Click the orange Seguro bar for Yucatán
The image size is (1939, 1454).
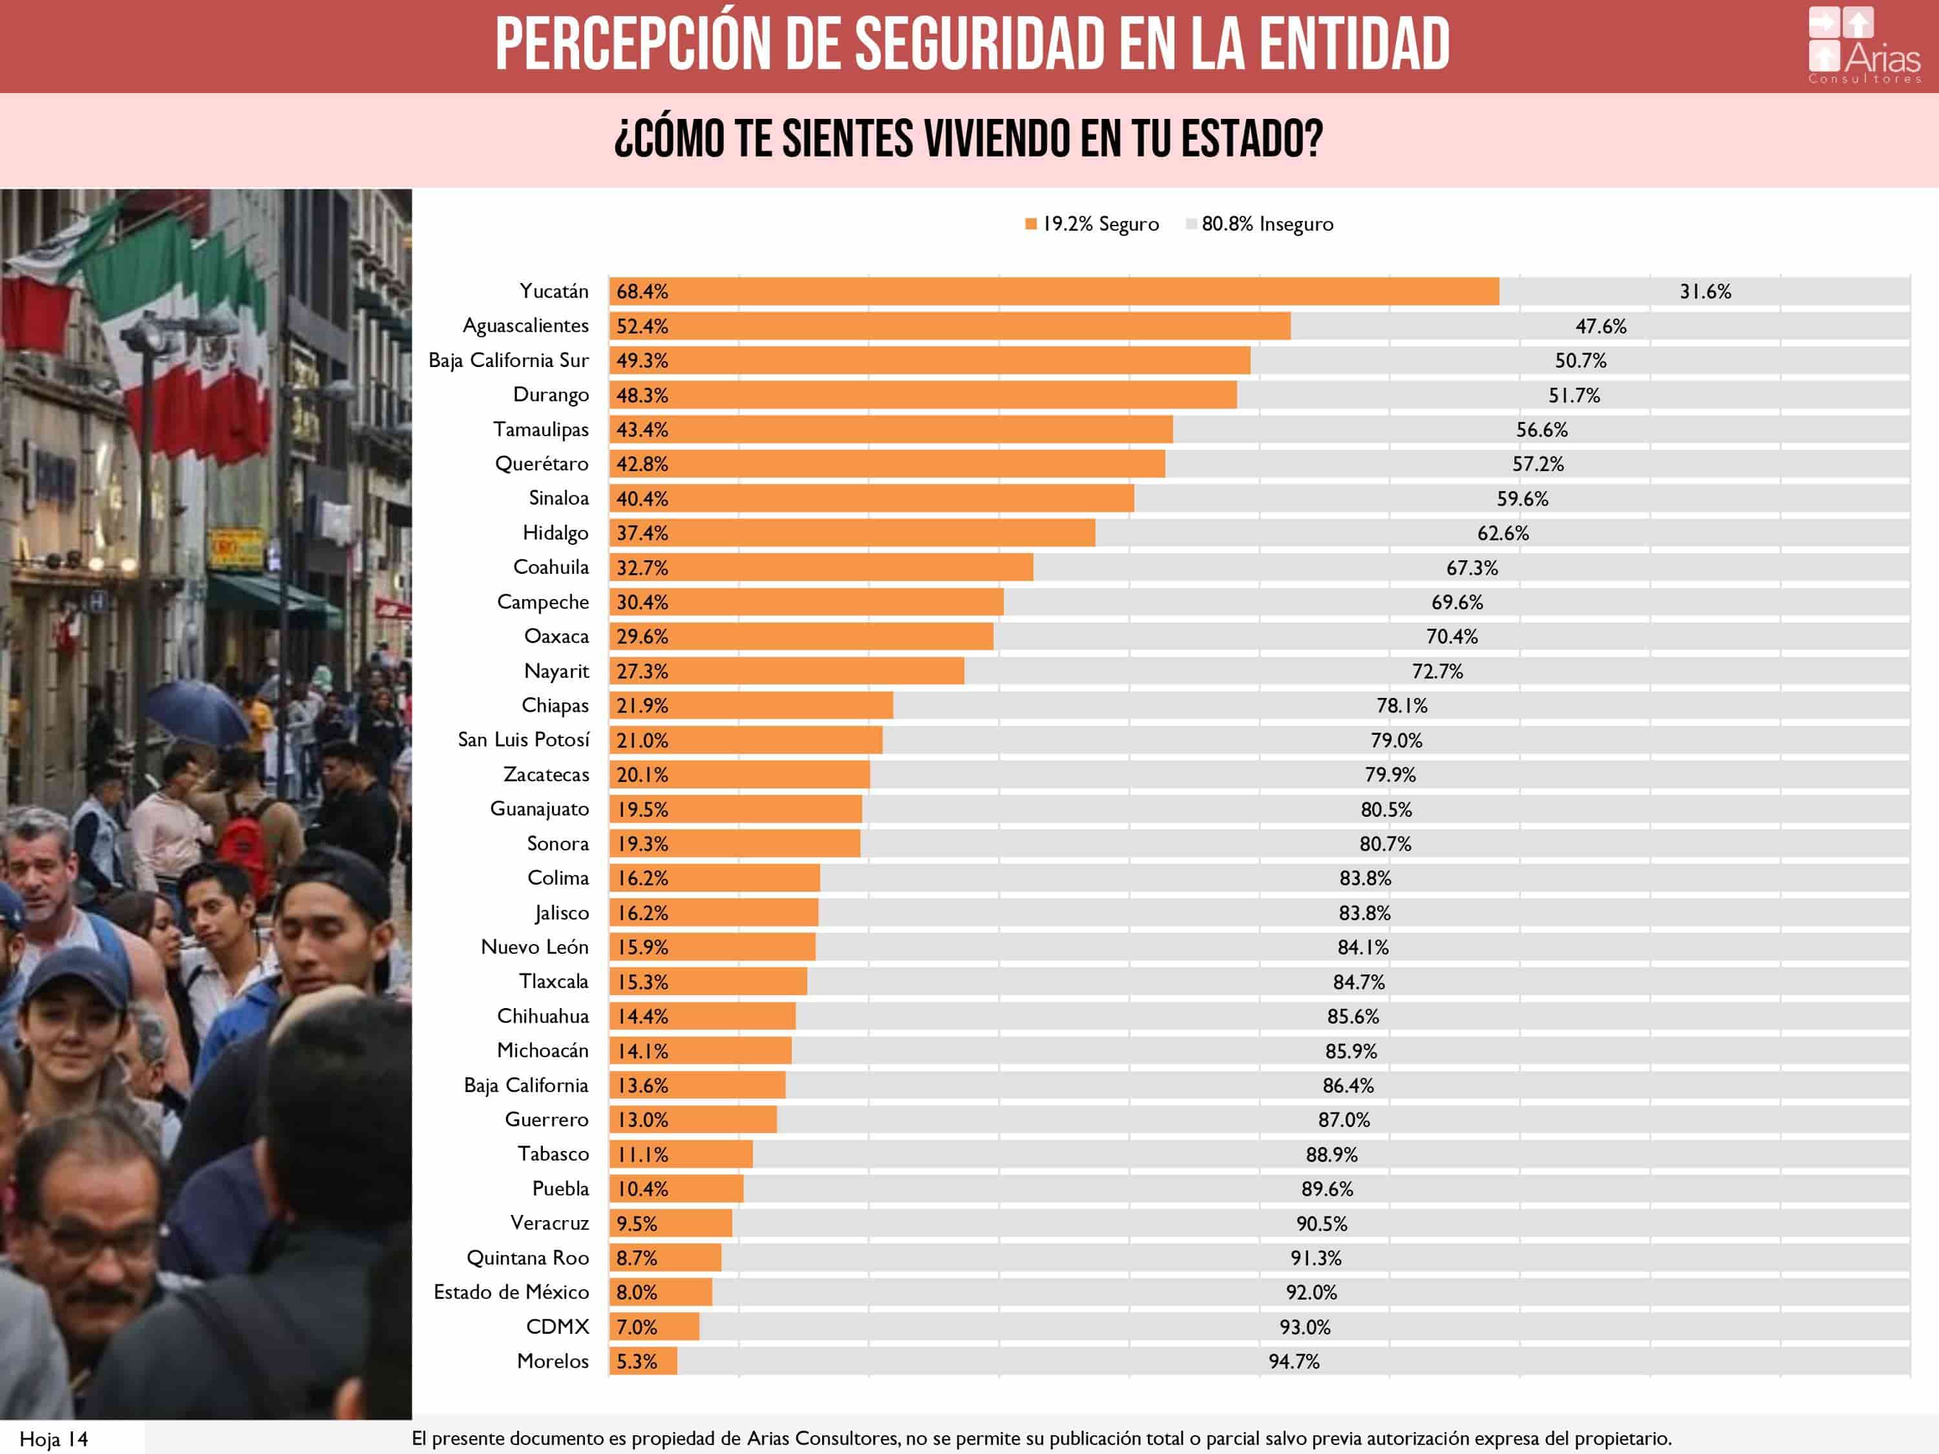pyautogui.click(x=1052, y=291)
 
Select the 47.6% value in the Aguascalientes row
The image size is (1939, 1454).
pyautogui.click(x=1600, y=326)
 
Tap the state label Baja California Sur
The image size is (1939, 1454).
pyautogui.click(x=509, y=360)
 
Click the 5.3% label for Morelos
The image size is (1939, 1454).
pyautogui.click(x=637, y=1361)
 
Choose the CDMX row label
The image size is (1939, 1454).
pyautogui.click(x=558, y=1327)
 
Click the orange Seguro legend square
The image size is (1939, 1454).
pyautogui.click(x=1031, y=224)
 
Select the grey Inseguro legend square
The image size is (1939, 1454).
pyautogui.click(x=1191, y=224)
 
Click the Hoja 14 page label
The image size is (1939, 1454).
pyautogui.click(x=54, y=1439)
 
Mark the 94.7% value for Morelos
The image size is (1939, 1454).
pyautogui.click(x=1294, y=1361)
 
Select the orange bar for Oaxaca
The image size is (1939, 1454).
pyautogui.click(x=801, y=637)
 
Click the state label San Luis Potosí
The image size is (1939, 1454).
pyautogui.click(x=524, y=740)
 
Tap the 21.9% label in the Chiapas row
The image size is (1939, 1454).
pyautogui.click(x=642, y=706)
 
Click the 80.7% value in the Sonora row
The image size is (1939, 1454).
pyautogui.click(x=1385, y=844)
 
